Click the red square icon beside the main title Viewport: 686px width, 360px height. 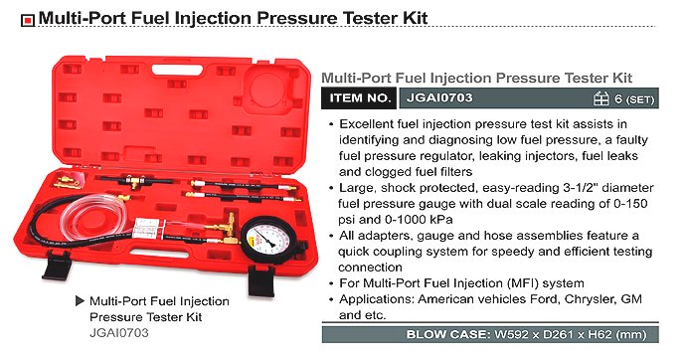click(x=28, y=20)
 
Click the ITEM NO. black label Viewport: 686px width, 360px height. click(x=359, y=98)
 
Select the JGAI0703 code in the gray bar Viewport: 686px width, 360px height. click(x=439, y=97)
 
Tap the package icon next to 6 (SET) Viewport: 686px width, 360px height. click(x=601, y=98)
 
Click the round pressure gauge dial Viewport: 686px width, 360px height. click(x=268, y=239)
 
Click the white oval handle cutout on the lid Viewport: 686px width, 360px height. click(x=177, y=70)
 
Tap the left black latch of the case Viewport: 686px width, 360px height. click(x=56, y=266)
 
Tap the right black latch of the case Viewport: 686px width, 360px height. click(x=261, y=280)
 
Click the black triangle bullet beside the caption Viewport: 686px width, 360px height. click(x=80, y=301)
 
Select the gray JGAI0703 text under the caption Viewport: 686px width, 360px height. click(x=119, y=333)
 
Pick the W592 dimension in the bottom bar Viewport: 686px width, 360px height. click(x=511, y=335)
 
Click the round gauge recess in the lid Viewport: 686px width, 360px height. click(x=266, y=90)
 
